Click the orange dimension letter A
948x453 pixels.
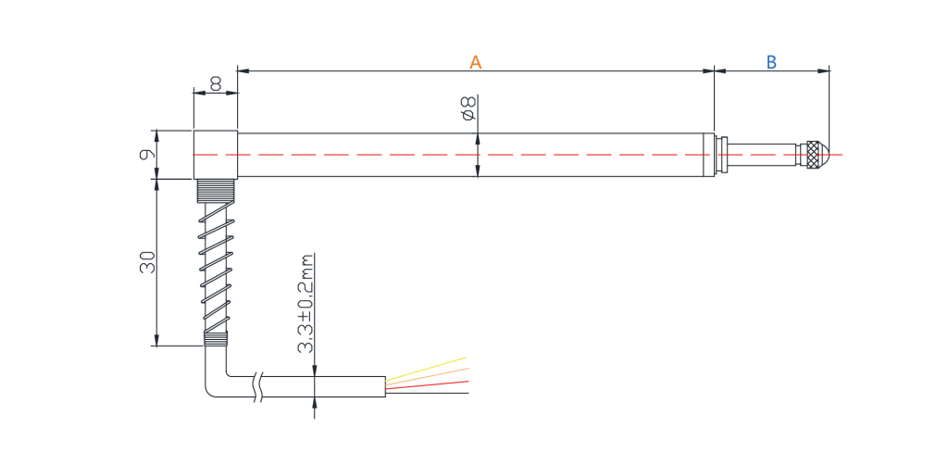pyautogui.click(x=476, y=62)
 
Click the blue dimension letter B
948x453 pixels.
pyautogui.click(x=771, y=62)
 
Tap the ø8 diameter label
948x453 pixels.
pyautogui.click(x=468, y=107)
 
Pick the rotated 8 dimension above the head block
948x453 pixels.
pyautogui.click(x=216, y=83)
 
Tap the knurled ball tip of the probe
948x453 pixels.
pyautogui.click(x=815, y=154)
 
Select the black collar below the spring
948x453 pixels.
pyautogui.click(x=215, y=339)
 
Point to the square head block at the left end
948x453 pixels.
pyautogui.click(x=215, y=155)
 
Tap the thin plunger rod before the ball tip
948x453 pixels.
pyautogui.click(x=762, y=154)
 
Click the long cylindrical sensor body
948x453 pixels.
pyautogui.click(x=476, y=155)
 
